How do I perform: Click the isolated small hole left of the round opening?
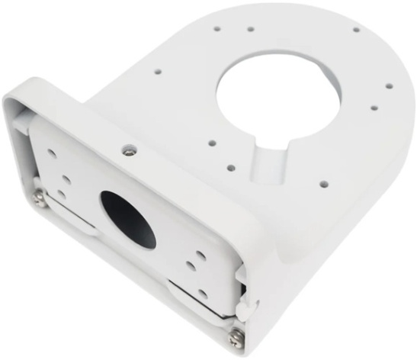pyautogui.click(x=159, y=72)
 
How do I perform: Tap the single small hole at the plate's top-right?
pyautogui.click(x=356, y=31)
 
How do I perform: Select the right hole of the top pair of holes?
pyautogui.click(x=251, y=31)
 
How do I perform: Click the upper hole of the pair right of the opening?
pyautogui.click(x=389, y=86)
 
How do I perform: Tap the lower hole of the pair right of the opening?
pyautogui.click(x=374, y=108)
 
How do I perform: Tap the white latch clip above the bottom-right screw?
pyautogui.click(x=242, y=306)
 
